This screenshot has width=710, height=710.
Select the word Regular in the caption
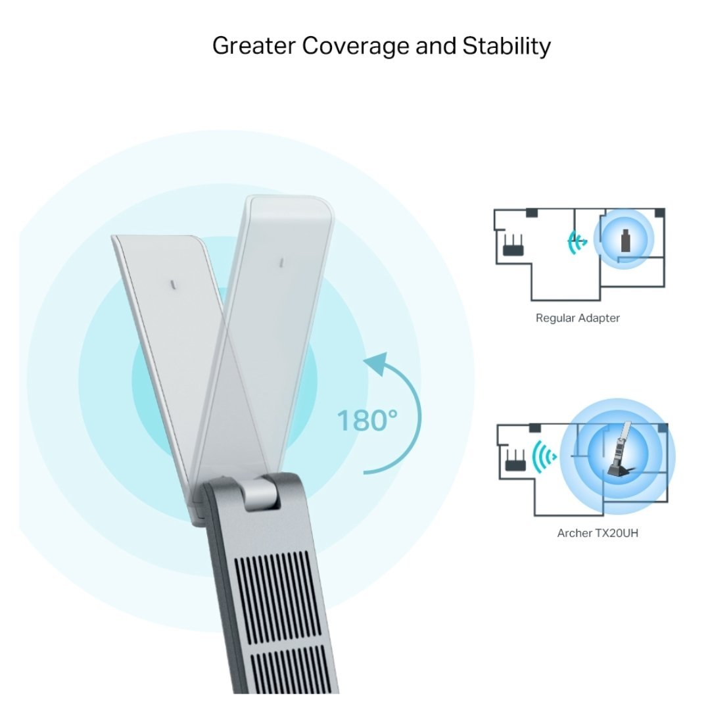(x=555, y=318)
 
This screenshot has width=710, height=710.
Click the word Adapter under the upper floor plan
(x=598, y=318)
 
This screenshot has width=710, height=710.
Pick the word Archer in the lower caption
(x=575, y=533)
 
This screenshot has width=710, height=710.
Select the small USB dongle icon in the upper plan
(x=624, y=241)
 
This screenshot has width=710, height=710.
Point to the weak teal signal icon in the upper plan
(x=577, y=242)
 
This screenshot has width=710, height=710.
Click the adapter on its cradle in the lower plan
(x=622, y=454)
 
